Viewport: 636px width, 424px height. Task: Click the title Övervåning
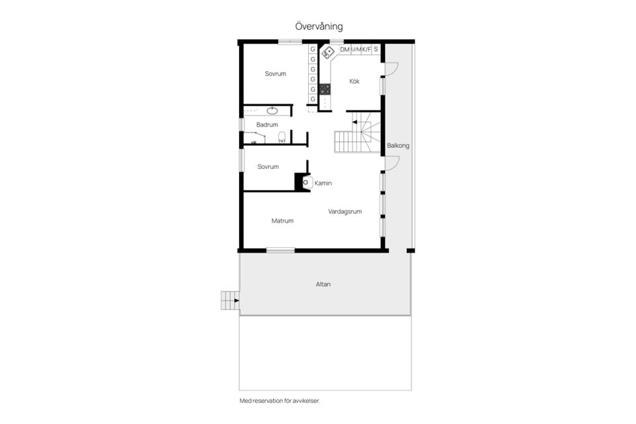tap(319, 26)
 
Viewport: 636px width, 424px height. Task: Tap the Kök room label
tap(354, 81)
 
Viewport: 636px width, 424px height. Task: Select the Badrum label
tap(267, 125)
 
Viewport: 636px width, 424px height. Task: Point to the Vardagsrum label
tap(344, 211)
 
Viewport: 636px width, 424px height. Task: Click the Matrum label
tap(282, 221)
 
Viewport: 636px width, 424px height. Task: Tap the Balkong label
tap(398, 146)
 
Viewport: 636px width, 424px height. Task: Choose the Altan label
tap(323, 284)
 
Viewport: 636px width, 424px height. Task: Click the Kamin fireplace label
tap(323, 184)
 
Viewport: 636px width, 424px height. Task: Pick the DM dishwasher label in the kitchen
tap(344, 50)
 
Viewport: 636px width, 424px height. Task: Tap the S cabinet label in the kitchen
tap(376, 49)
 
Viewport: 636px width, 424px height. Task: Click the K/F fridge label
tap(366, 50)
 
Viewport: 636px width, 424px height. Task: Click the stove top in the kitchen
tap(325, 89)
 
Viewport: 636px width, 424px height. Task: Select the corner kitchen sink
tap(328, 53)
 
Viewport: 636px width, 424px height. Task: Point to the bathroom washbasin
tap(272, 111)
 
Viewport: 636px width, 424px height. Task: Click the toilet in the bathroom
tap(282, 136)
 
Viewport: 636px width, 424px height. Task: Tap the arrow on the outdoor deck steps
tap(237, 301)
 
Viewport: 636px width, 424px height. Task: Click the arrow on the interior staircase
tap(354, 122)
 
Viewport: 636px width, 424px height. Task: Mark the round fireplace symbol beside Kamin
tap(306, 183)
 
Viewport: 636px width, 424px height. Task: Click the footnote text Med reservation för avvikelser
tap(280, 401)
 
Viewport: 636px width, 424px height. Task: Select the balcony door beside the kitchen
tap(392, 70)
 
